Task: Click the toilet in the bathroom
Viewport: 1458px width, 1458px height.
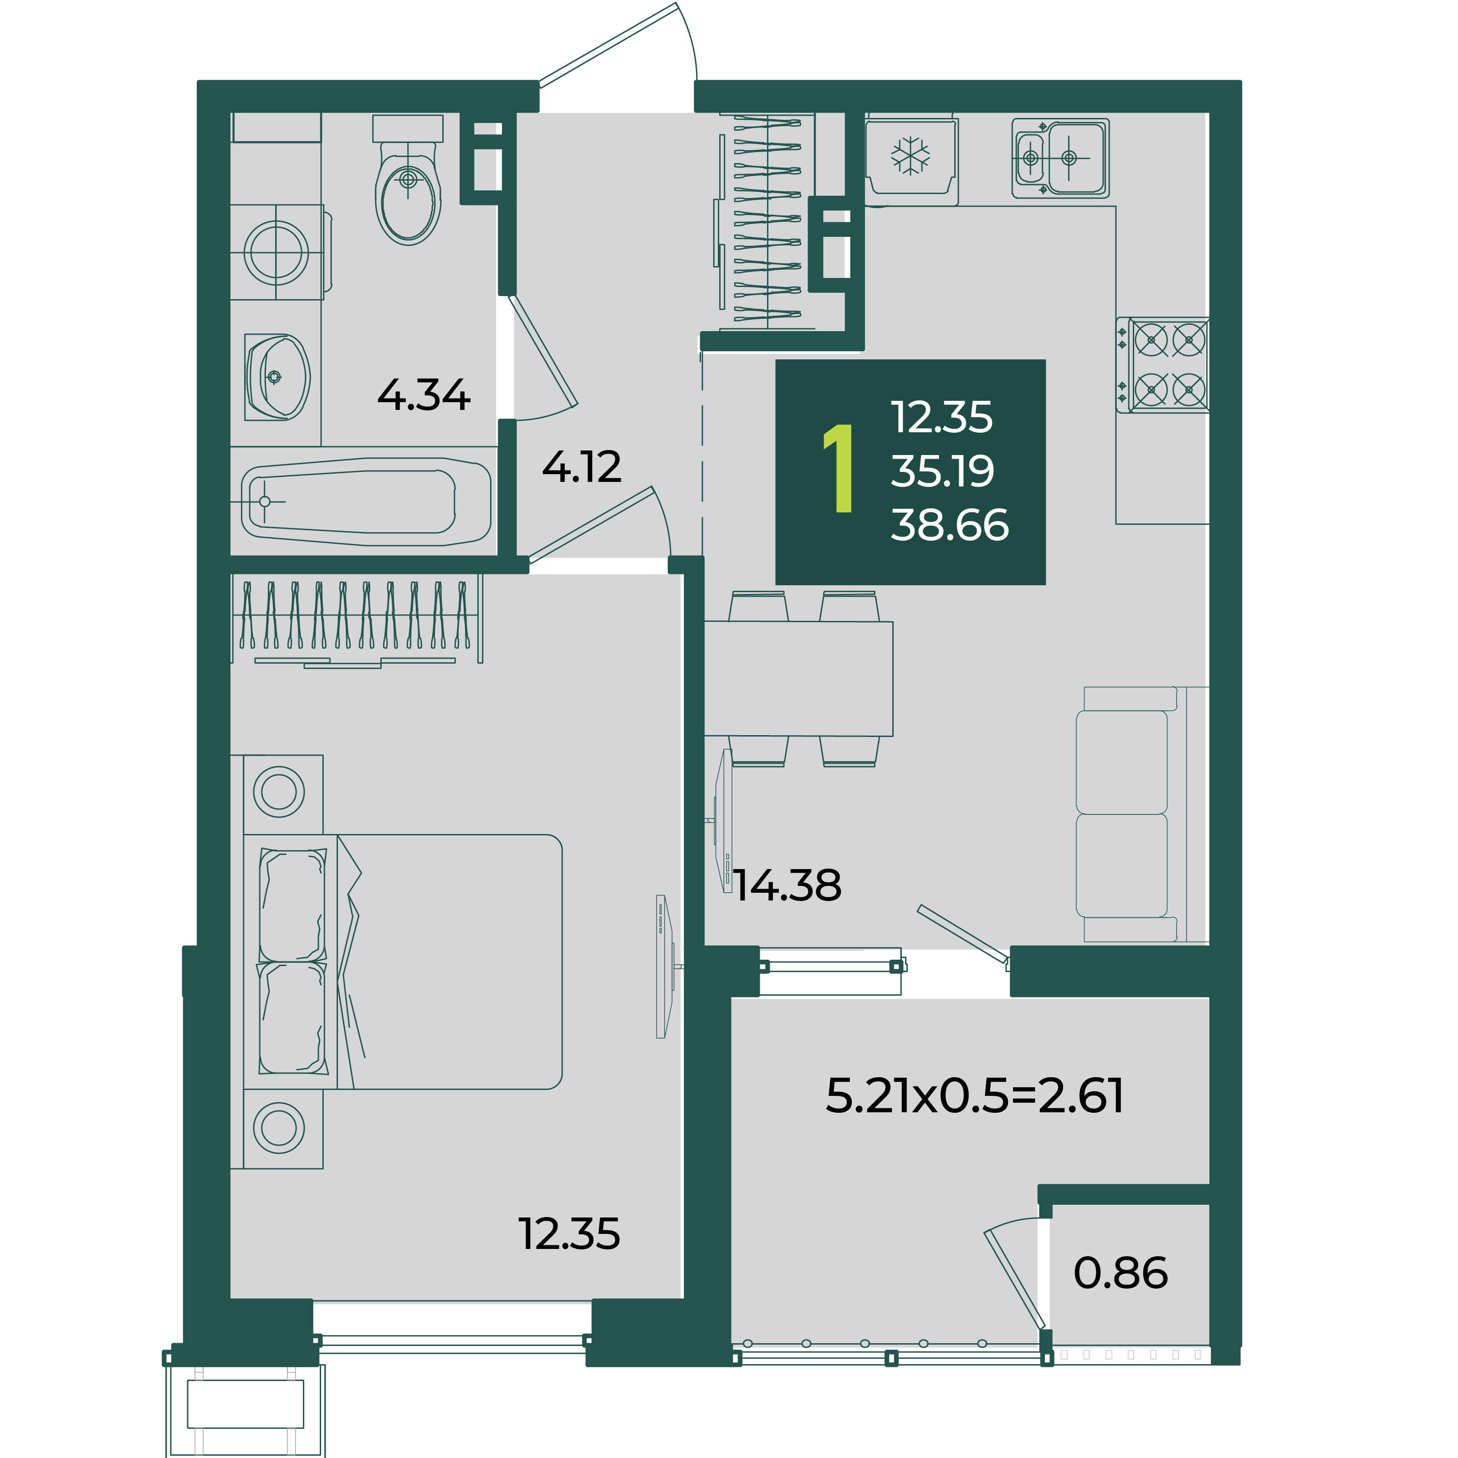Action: click(x=408, y=181)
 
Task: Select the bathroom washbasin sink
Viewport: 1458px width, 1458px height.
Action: click(x=277, y=377)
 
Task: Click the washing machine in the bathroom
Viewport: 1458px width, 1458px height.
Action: click(x=277, y=252)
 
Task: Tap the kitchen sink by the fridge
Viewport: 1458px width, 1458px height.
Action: click(x=1060, y=158)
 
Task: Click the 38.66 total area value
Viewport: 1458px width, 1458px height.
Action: click(x=949, y=525)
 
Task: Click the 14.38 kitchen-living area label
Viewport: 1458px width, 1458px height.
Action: click(x=787, y=885)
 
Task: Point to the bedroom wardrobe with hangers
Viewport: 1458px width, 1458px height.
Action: click(x=356, y=622)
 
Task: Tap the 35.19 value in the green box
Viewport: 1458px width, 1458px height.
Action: click(x=942, y=471)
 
